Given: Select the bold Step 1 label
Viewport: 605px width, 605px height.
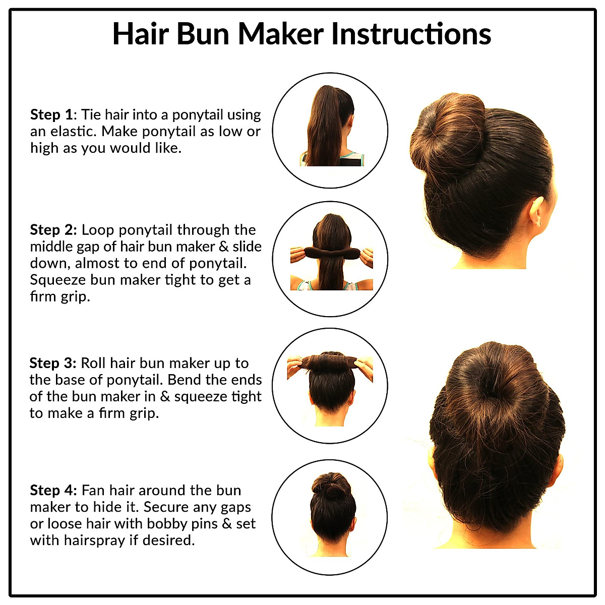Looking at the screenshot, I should tap(52, 115).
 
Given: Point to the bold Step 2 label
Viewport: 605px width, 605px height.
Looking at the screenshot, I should tap(53, 230).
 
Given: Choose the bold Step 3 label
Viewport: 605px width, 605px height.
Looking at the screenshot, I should tap(52, 363).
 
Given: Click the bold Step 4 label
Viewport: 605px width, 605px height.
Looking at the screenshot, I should tap(53, 490).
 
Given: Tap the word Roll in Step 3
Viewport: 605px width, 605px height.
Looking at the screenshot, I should tap(93, 363).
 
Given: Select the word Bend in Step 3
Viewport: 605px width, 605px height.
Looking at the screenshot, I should tap(197, 380).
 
